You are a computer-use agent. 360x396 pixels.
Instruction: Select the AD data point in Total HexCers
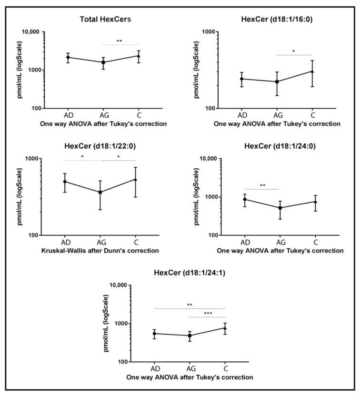point(68,57)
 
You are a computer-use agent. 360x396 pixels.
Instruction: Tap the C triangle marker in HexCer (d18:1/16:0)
point(312,71)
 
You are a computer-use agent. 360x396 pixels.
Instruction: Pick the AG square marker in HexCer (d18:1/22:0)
point(100,192)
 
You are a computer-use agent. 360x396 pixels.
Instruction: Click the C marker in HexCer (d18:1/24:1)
point(225,328)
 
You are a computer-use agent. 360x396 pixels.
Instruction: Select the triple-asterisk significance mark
point(208,314)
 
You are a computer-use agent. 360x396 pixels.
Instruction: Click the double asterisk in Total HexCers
point(119,41)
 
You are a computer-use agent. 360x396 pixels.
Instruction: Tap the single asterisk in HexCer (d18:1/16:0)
point(293,51)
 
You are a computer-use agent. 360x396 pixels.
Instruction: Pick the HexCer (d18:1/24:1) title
point(190,273)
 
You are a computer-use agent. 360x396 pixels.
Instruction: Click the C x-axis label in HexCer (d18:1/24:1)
point(225,369)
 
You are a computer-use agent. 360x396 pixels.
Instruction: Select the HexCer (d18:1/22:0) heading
point(100,146)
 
